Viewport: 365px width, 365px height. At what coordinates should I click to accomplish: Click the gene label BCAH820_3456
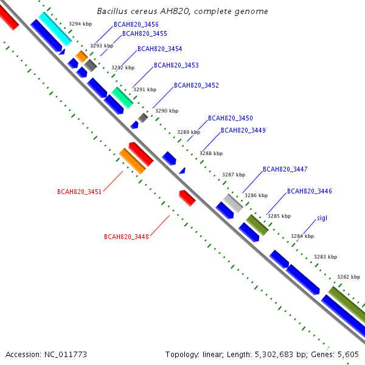pos(136,24)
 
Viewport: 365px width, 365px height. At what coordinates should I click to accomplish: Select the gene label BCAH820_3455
pos(145,34)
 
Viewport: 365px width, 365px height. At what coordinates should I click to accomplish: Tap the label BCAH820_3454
pos(159,49)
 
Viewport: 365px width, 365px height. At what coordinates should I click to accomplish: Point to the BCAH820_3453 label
pos(176,65)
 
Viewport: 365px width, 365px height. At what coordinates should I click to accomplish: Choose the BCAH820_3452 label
pos(196,86)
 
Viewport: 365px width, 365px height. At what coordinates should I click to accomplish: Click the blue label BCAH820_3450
pos(231,119)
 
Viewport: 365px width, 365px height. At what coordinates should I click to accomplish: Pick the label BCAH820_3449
pos(243,131)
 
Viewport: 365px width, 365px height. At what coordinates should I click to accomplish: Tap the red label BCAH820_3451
pos(80,192)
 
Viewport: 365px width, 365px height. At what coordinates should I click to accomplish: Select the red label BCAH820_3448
pos(127,237)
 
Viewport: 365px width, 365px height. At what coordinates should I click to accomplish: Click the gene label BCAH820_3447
pos(285,169)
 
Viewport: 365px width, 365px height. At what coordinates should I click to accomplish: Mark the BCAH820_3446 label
pos(310,192)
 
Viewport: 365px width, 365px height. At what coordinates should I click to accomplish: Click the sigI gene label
pos(322,218)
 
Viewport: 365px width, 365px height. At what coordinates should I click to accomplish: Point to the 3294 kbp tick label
pos(80,24)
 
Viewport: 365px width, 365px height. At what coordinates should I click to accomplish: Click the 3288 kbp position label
pos(211,154)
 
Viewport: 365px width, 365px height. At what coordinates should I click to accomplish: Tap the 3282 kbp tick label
pos(349,277)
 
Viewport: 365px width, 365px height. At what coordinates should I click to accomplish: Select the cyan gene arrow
pos(55,29)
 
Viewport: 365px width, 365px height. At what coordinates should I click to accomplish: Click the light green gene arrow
pos(122,97)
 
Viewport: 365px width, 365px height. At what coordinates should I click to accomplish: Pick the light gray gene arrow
pos(233,203)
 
